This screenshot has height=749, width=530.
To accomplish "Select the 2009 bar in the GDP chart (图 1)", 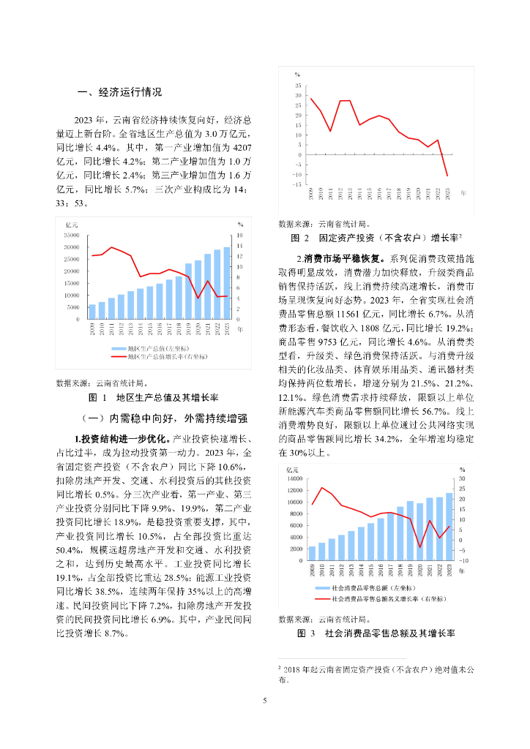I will [92, 312].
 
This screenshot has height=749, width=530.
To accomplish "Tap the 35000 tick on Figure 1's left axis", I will [72, 236].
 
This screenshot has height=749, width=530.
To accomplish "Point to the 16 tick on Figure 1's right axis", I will [239, 236].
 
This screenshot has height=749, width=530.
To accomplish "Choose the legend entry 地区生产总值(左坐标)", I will [156, 348].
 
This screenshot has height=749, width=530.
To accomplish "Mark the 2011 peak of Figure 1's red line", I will [111, 247].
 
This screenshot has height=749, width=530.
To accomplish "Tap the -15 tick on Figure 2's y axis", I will [297, 184].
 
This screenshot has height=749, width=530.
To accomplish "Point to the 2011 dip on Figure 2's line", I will [331, 131].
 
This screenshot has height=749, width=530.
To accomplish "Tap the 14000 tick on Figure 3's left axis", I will [294, 478].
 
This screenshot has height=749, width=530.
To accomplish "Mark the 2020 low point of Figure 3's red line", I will [420, 547].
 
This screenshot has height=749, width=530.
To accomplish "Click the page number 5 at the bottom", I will [265, 701].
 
